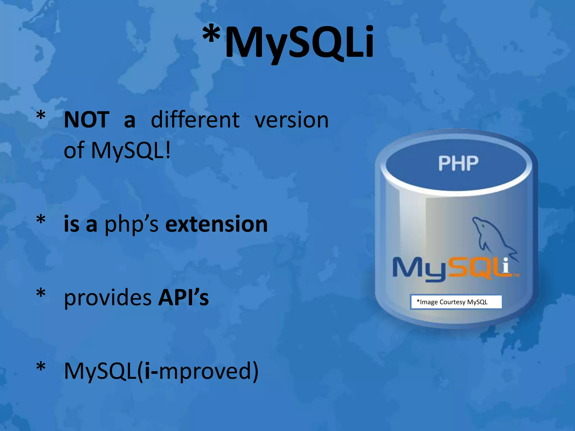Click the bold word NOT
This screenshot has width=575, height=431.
[86, 120]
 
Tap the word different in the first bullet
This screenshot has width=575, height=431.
[195, 120]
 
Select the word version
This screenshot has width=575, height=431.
[291, 120]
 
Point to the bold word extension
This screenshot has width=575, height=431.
[216, 224]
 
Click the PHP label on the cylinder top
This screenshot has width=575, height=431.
[458, 163]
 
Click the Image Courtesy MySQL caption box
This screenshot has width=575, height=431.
[456, 302]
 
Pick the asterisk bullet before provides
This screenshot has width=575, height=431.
[41, 293]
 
